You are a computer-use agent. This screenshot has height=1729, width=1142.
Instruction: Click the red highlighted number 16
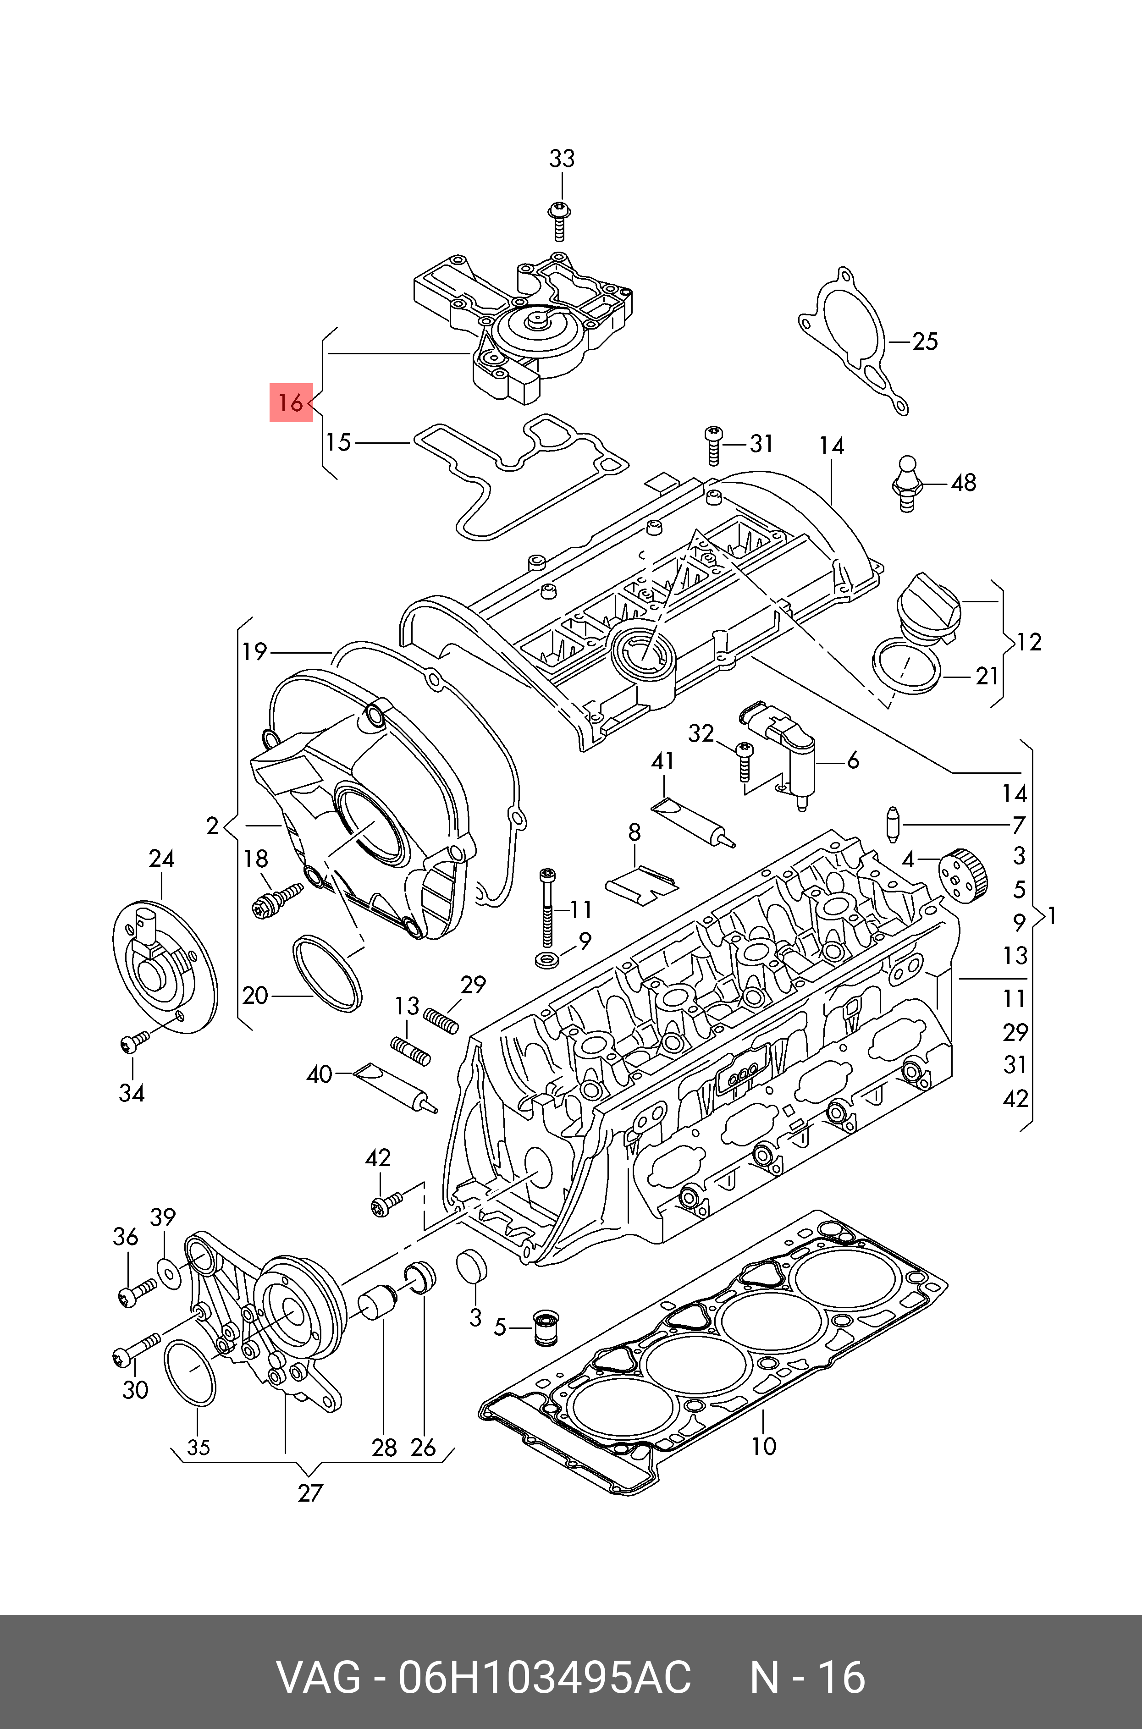coord(291,402)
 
